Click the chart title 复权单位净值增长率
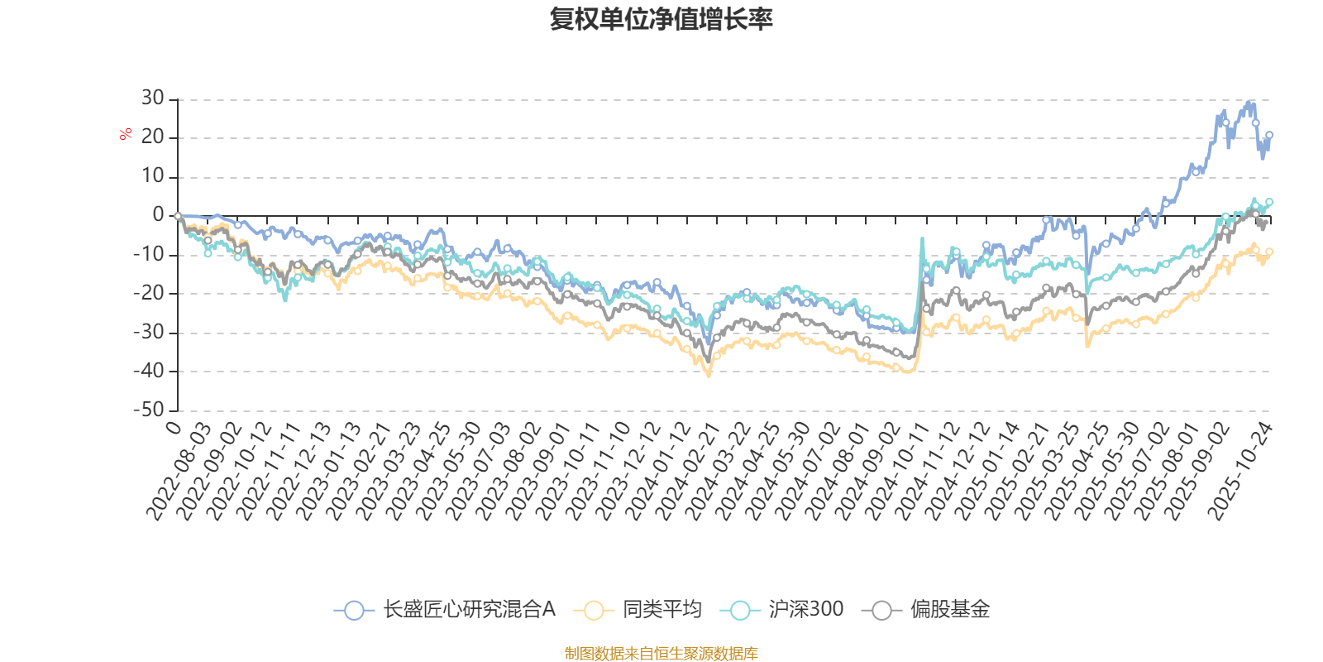tap(661, 19)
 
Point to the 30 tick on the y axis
tap(152, 98)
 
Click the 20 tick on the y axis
tap(152, 137)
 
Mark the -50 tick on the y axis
tap(148, 410)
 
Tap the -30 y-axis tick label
tap(148, 332)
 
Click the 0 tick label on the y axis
tap(158, 215)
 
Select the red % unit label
tap(126, 133)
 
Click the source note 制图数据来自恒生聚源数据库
tap(661, 654)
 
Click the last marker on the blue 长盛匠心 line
tap(1269, 135)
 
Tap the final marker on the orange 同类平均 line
tap(1269, 252)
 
